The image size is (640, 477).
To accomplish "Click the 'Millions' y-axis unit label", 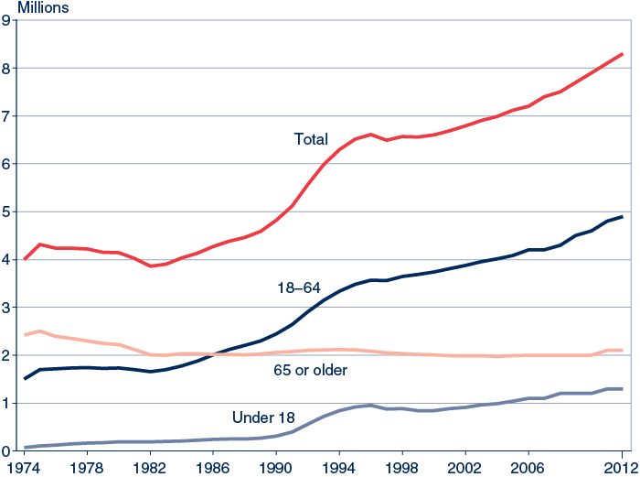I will click(x=30, y=8).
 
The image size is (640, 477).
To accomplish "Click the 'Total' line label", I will click(x=311, y=139).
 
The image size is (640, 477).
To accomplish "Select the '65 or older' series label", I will click(x=310, y=370).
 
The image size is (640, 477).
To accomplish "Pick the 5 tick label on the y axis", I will click(x=7, y=211).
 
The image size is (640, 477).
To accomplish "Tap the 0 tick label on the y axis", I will click(x=7, y=450).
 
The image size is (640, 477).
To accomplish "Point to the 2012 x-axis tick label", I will click(x=622, y=467).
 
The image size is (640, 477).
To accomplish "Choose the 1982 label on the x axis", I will click(x=150, y=467).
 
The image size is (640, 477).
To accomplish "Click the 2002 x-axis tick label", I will click(x=464, y=467).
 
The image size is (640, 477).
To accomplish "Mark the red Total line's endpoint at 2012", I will click(x=622, y=54).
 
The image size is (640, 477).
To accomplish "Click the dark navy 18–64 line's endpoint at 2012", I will click(x=622, y=217).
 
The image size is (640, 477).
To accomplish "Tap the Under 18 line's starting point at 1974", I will click(x=25, y=448).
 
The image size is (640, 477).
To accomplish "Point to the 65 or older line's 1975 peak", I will click(x=40, y=331).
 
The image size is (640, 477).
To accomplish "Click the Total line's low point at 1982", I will click(x=150, y=266).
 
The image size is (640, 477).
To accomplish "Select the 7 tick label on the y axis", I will click(x=7, y=116).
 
